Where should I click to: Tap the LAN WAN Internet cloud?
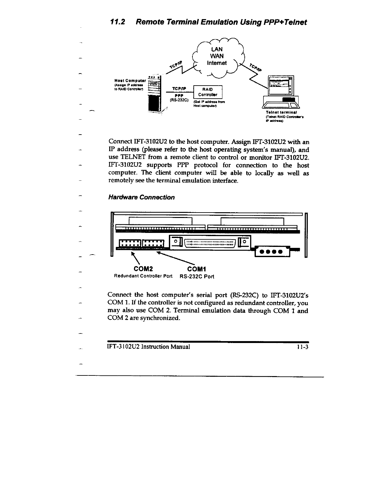(219, 57)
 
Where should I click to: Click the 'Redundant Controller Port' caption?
(143, 276)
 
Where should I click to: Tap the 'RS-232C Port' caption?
(197, 276)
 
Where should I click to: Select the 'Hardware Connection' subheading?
(141, 197)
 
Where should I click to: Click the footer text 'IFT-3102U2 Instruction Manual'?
(149, 347)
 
